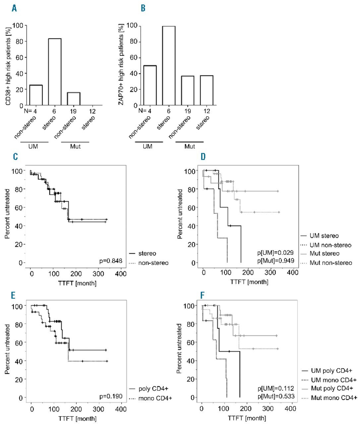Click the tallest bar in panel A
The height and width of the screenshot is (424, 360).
click(55, 72)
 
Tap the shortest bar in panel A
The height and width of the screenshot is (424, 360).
click(74, 99)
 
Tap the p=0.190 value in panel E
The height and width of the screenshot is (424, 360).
click(111, 396)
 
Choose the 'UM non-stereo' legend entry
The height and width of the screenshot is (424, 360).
click(330, 245)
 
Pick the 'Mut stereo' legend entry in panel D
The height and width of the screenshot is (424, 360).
click(324, 254)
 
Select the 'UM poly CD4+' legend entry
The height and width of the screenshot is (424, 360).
click(331, 371)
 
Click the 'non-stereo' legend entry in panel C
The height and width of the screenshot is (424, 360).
click(154, 263)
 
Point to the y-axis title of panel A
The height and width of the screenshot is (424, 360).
click(8, 64)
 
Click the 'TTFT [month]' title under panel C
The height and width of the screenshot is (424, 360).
click(77, 284)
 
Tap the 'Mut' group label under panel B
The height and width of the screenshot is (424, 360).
click(190, 147)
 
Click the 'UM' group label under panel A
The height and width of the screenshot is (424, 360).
click(33, 146)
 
